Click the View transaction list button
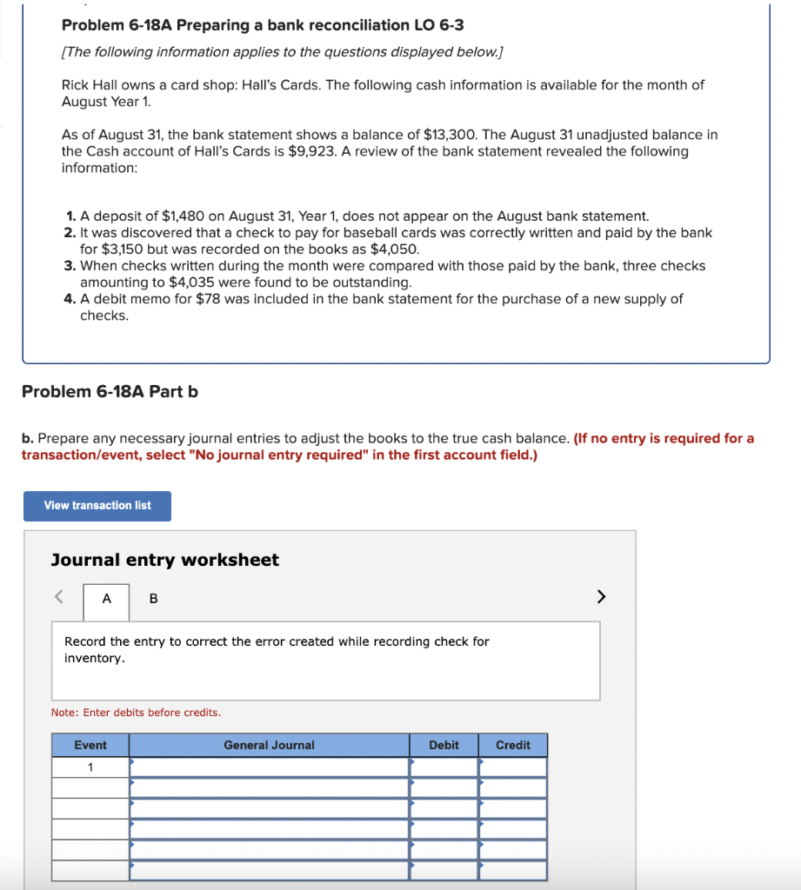(x=97, y=506)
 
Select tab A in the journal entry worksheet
(x=106, y=599)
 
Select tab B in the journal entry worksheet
(x=154, y=599)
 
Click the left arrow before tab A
(x=59, y=597)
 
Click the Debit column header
(x=444, y=746)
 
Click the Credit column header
(x=513, y=746)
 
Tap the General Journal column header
(x=269, y=746)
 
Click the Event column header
(x=90, y=746)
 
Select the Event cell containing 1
(x=90, y=767)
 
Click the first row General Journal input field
(x=269, y=767)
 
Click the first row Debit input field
(x=444, y=767)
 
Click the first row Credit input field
(x=513, y=767)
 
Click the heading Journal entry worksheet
(x=165, y=561)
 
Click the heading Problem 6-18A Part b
(x=110, y=392)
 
